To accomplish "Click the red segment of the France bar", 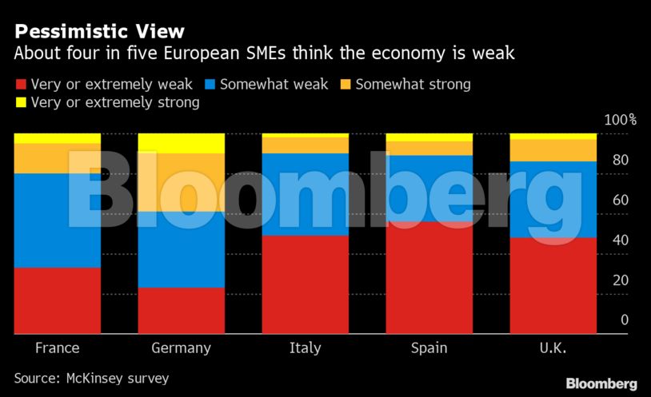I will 57,300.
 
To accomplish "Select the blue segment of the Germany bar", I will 182,248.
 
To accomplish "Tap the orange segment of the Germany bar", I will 182,182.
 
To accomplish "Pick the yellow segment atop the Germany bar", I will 182,143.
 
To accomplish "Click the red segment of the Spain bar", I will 429,277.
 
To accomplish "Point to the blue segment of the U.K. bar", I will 553,199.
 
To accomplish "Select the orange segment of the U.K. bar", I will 553,150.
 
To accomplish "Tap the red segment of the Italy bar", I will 306,284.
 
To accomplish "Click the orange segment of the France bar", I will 57,158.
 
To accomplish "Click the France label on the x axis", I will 57,348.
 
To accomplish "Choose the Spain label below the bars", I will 429,348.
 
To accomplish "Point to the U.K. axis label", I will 553,348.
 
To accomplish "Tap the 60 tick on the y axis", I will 620,200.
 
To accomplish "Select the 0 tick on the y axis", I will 625,320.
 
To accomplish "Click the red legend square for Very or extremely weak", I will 20,84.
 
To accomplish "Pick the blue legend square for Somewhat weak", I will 210,84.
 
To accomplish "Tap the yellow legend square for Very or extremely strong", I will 20,103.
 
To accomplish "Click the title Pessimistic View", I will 99,32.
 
